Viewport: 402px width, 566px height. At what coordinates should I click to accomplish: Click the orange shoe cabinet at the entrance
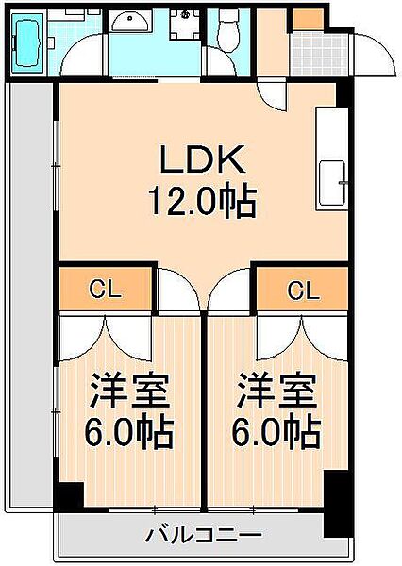coord(306,20)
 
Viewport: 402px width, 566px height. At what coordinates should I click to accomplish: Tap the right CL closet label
coord(302,290)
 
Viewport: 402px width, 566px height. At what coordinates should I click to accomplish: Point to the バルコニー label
coord(203,536)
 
